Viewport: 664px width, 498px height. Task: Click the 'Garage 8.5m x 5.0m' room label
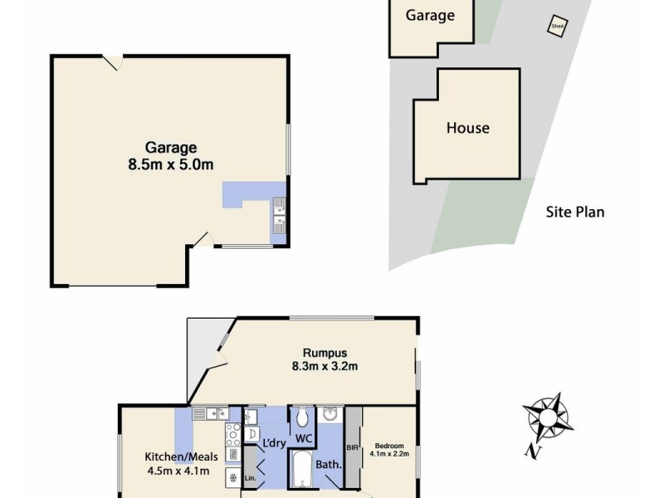tap(171, 156)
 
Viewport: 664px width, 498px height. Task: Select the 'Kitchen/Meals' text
tap(177, 456)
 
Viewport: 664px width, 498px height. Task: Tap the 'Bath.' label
tap(330, 464)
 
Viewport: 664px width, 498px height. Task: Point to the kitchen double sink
tap(211, 413)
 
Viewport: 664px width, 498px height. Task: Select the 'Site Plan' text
tap(575, 212)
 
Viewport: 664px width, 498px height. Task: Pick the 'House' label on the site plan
tap(468, 128)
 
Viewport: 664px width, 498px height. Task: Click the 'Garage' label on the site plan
tap(430, 15)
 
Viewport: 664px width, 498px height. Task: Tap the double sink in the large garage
tap(280, 214)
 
